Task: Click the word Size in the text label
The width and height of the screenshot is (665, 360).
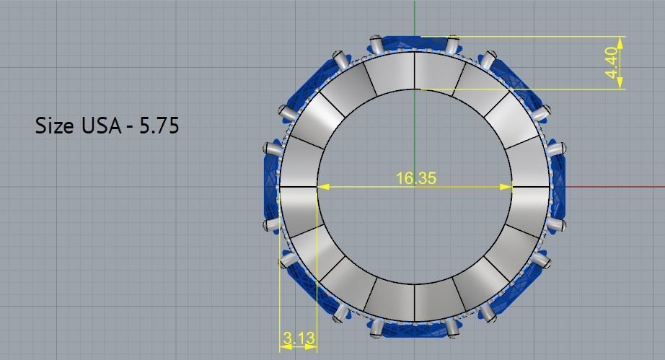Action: pyautogui.click(x=54, y=126)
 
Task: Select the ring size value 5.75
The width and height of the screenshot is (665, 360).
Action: pyautogui.click(x=159, y=126)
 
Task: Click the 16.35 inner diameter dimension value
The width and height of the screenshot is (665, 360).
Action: pyautogui.click(x=415, y=177)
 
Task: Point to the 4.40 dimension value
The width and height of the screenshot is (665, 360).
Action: pyautogui.click(x=612, y=63)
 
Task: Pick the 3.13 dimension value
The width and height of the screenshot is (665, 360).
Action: pyautogui.click(x=298, y=338)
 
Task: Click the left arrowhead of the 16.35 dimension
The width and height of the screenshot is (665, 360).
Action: pyautogui.click(x=323, y=187)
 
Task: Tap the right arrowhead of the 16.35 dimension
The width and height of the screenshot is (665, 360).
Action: pyautogui.click(x=507, y=187)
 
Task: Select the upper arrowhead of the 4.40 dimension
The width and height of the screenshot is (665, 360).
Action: pyautogui.click(x=620, y=41)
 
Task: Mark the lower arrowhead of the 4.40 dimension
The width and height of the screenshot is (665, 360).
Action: pyautogui.click(x=620, y=84)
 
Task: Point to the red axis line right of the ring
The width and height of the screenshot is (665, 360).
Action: pyautogui.click(x=613, y=187)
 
